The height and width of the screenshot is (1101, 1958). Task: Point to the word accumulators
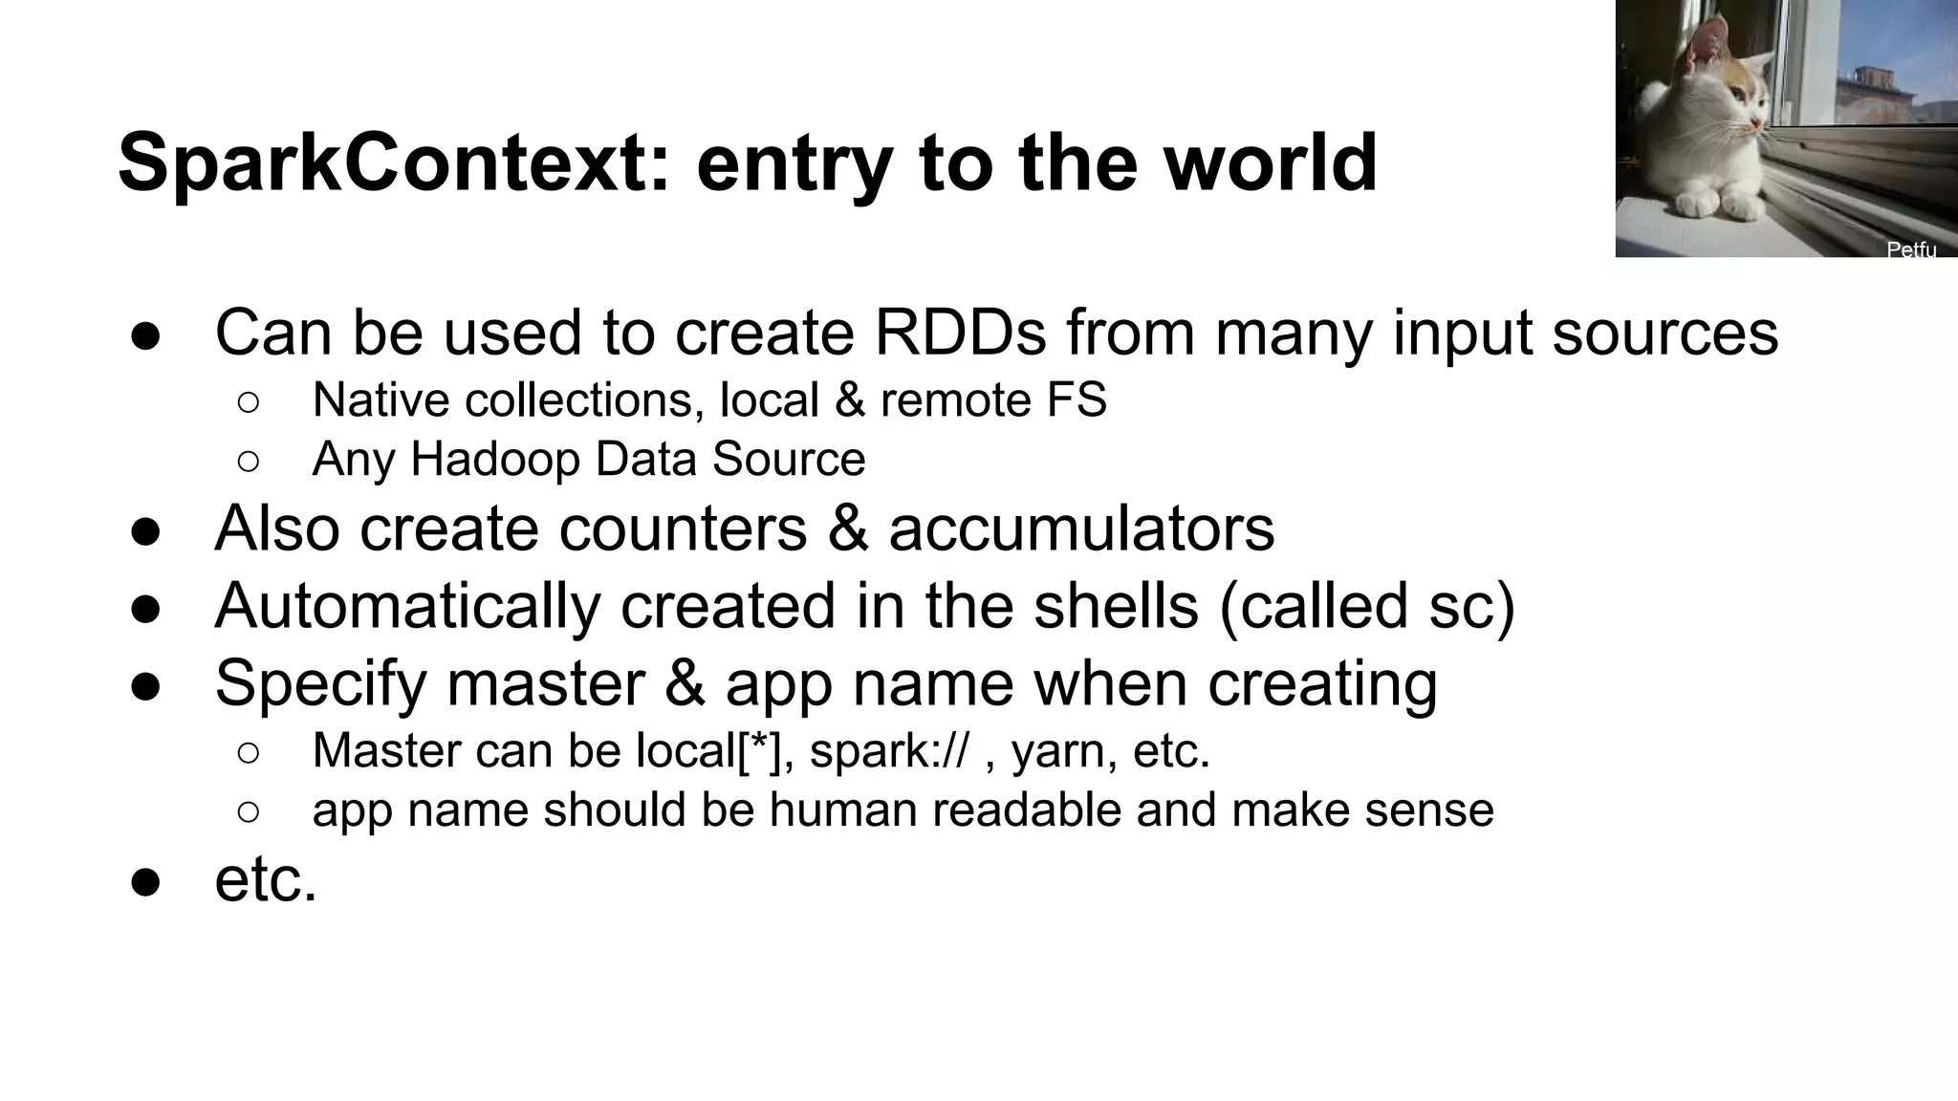[1081, 528]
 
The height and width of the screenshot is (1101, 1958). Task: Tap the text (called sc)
[1368, 606]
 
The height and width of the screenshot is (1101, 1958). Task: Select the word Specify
[320, 684]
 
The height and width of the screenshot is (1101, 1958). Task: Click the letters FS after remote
[1077, 399]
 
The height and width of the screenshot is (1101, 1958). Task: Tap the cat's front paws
[1721, 204]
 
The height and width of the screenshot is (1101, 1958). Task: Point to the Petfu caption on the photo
[1911, 249]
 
